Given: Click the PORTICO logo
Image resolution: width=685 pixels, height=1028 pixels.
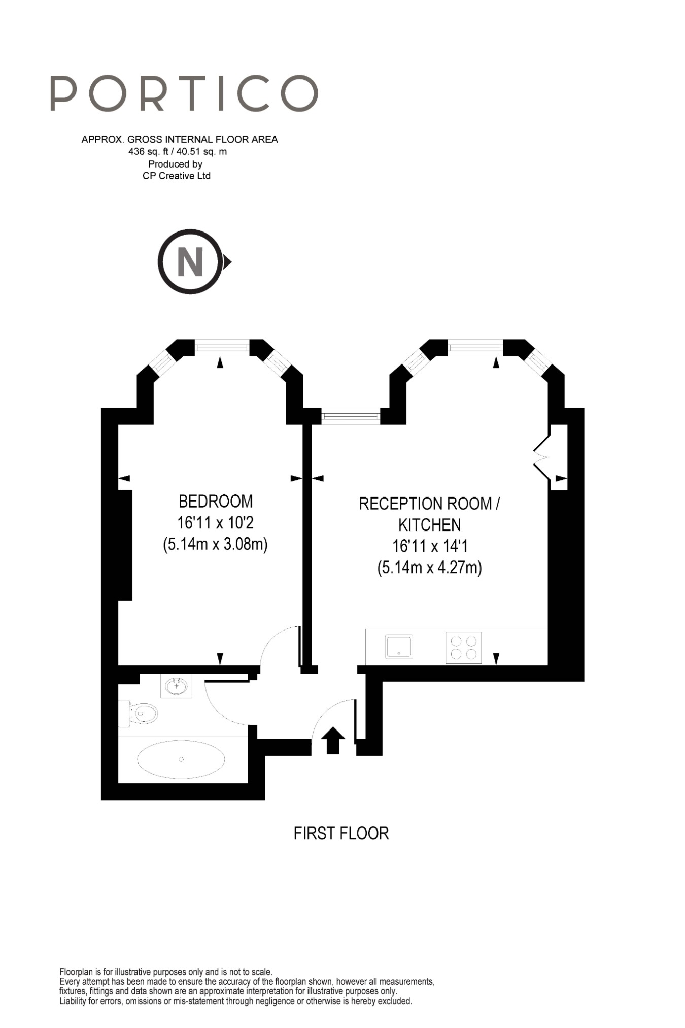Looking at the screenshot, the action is pyautogui.click(x=184, y=93).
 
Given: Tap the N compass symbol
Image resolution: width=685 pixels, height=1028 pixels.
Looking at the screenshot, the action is pyautogui.click(x=190, y=261).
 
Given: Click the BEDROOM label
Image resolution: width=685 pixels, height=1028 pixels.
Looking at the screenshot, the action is pyautogui.click(x=216, y=501).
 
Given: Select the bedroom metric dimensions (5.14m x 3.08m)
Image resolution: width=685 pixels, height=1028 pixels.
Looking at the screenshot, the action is pyautogui.click(x=215, y=544).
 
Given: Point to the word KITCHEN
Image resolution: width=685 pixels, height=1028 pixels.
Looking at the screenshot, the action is pyautogui.click(x=429, y=525).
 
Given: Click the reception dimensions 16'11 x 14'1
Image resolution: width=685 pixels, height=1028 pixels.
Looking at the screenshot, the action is pyautogui.click(x=429, y=546).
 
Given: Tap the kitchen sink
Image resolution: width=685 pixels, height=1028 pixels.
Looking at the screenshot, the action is pyautogui.click(x=398, y=647).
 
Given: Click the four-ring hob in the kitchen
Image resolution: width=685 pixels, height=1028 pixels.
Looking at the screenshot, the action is pyautogui.click(x=463, y=647).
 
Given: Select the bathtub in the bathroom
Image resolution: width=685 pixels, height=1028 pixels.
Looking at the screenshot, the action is pyautogui.click(x=181, y=759).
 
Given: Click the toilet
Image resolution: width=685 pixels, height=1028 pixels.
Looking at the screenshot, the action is pyautogui.click(x=141, y=713).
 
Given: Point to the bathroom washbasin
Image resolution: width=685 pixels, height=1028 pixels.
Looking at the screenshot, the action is pyautogui.click(x=176, y=686).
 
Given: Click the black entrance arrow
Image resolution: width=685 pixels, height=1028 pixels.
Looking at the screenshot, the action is pyautogui.click(x=333, y=740).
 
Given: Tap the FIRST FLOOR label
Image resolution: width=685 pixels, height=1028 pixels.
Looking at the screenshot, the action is pyautogui.click(x=341, y=833).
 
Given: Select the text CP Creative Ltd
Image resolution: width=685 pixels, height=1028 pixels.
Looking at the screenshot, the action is pyautogui.click(x=176, y=176).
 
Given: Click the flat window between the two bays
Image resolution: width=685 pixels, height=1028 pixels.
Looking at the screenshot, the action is pyautogui.click(x=351, y=417).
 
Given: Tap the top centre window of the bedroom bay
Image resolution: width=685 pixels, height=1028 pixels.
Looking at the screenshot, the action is pyautogui.click(x=222, y=347).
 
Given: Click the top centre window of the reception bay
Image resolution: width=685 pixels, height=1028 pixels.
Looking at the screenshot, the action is pyautogui.click(x=475, y=347).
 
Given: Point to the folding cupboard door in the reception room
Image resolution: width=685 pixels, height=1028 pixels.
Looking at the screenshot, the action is pyautogui.click(x=542, y=458).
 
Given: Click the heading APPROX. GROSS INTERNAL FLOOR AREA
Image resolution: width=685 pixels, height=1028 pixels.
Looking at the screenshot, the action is pyautogui.click(x=180, y=139).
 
